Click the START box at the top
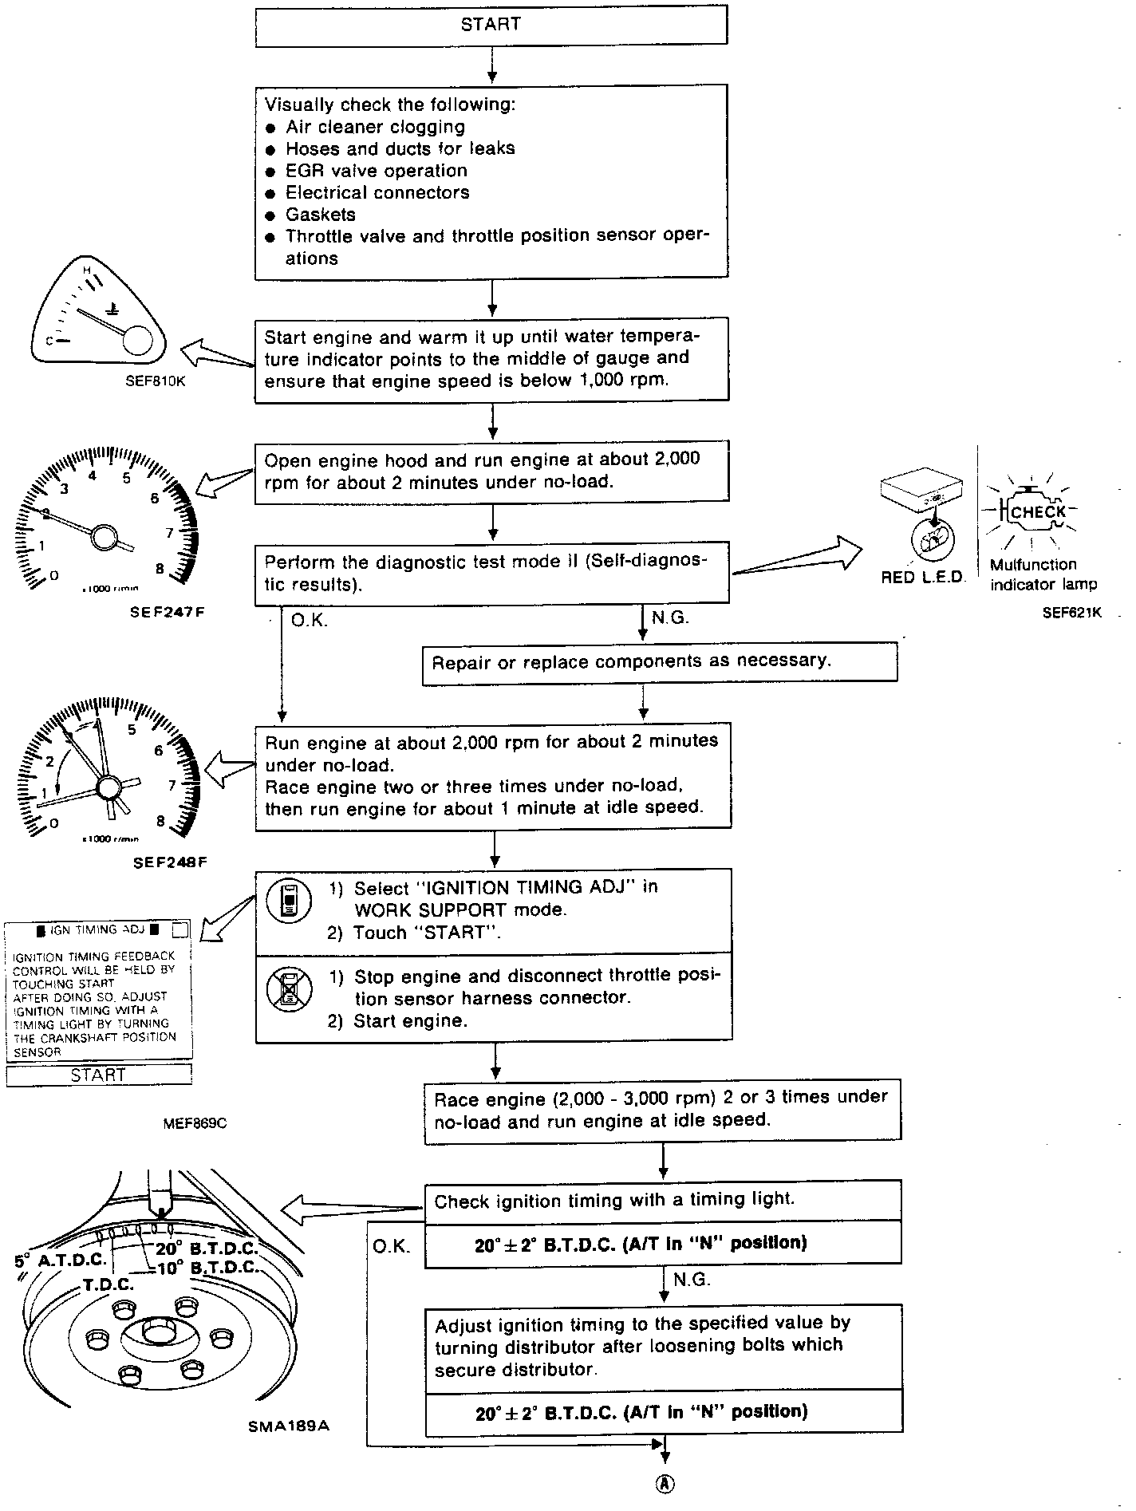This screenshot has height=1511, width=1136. point(491,26)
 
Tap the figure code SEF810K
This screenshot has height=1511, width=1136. point(155,381)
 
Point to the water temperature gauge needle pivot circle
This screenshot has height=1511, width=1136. point(137,340)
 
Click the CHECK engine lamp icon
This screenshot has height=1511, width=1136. point(1035,511)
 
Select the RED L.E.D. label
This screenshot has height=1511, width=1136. point(922,578)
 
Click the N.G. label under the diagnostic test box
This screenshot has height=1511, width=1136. point(669,617)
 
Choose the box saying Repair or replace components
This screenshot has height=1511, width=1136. point(659,662)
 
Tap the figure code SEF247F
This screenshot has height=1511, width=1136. point(167,613)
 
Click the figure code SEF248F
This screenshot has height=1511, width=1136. point(170,862)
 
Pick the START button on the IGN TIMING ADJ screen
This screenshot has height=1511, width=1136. point(99,1075)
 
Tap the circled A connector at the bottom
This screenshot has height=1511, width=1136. point(665,1483)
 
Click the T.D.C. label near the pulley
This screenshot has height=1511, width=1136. point(108,1285)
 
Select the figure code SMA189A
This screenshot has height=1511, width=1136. point(288,1425)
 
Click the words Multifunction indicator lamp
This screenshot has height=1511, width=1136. point(1043,574)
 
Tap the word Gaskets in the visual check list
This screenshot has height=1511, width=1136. point(321,215)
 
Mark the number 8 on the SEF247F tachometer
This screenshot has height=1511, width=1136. point(160,569)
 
